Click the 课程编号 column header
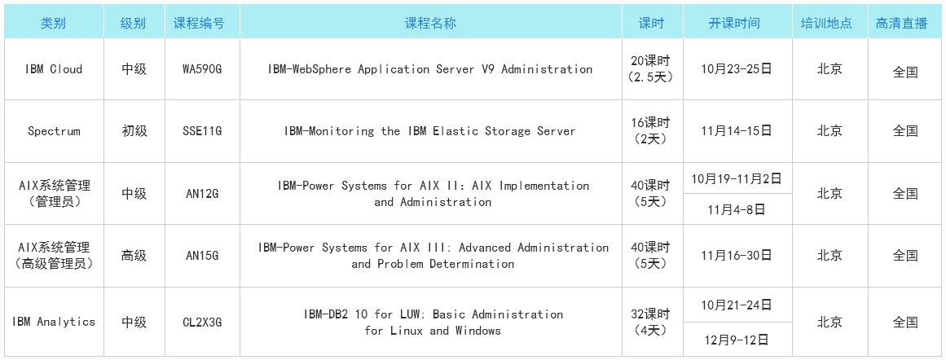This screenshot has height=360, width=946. point(199,24)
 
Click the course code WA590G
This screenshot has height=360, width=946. point(202,68)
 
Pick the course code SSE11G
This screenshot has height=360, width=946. point(202,131)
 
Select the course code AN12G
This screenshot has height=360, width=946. point(202,194)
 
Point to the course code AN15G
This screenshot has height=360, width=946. point(202,256)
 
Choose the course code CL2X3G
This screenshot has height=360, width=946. point(202,322)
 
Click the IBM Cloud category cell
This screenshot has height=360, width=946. point(54,68)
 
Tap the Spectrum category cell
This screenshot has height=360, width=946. point(54,131)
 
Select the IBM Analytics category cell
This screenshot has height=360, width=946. point(54,322)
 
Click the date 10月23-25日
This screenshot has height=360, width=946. point(737,68)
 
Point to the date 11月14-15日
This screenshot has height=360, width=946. point(737,131)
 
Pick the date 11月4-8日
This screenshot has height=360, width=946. point(737,209)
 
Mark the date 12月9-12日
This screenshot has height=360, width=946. point(737,340)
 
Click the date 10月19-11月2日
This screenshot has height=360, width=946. point(737,178)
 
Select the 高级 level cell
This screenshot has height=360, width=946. point(134,256)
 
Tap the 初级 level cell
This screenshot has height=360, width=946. point(134,131)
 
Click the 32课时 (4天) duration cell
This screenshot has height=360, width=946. point(652,322)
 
